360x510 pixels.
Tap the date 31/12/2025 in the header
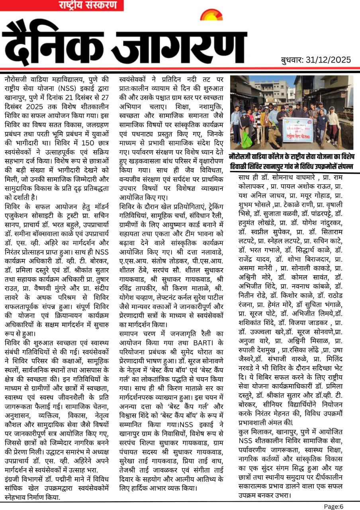329,60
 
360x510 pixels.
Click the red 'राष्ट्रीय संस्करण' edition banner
88,5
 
